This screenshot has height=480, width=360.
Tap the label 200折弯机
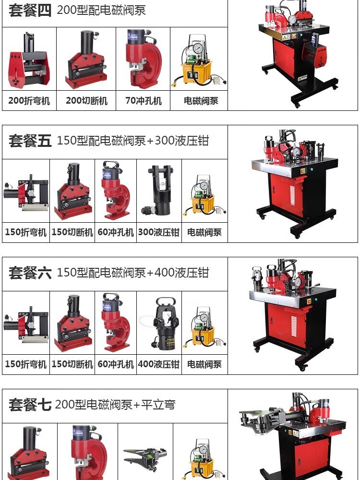[x=29, y=100]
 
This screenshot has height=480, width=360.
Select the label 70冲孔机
[x=143, y=100]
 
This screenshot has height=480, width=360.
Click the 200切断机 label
[x=86, y=100]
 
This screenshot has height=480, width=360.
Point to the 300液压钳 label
[x=158, y=232]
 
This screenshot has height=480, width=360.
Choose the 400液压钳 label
[x=158, y=364]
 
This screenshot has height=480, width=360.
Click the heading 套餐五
[x=30, y=141]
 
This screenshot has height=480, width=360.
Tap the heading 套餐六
[x=30, y=273]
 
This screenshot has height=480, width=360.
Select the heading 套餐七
[x=30, y=404]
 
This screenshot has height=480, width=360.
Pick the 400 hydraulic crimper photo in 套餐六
[x=159, y=323]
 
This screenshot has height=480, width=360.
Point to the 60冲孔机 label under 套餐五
[x=116, y=232]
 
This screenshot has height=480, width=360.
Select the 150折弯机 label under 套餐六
[x=26, y=364]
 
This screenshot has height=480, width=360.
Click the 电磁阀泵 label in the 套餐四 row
[x=201, y=100]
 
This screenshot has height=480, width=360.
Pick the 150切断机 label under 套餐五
[x=72, y=232]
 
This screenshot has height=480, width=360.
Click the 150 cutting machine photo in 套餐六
[x=72, y=324]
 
